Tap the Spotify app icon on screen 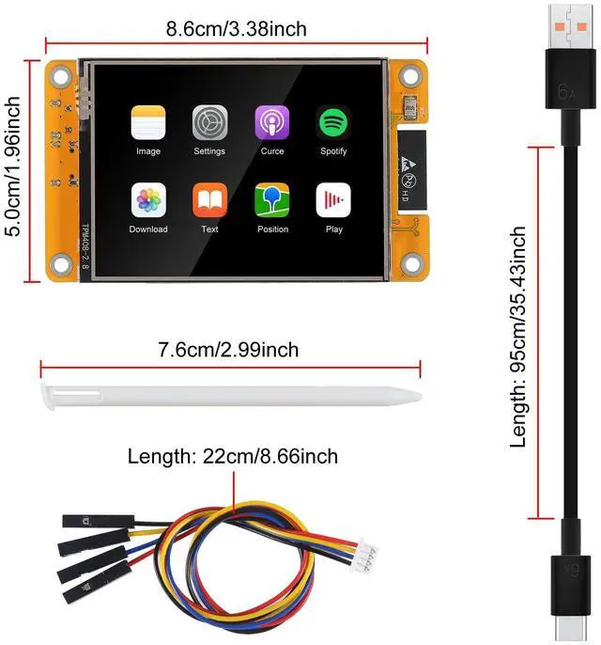pyautogui.click(x=332, y=122)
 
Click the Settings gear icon pyautogui.click(x=209, y=122)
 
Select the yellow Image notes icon pyautogui.click(x=148, y=122)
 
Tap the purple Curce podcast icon pyautogui.click(x=272, y=122)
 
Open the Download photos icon pyautogui.click(x=148, y=199)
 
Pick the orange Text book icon pyautogui.click(x=209, y=199)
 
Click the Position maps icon pyautogui.click(x=272, y=199)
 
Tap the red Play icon pyautogui.click(x=332, y=199)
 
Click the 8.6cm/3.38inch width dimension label pyautogui.click(x=236, y=29)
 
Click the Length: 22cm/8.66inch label pyautogui.click(x=233, y=457)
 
